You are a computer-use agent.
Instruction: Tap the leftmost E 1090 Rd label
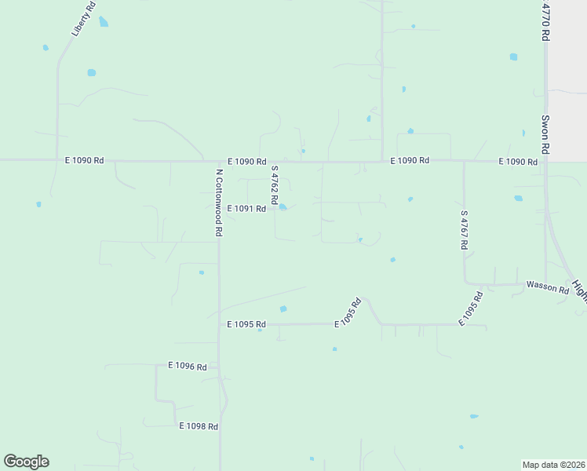coord(84,160)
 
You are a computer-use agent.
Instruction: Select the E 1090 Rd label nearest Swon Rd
coord(518,162)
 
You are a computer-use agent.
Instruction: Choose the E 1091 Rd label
coord(246,209)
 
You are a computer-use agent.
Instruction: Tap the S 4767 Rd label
coord(465,230)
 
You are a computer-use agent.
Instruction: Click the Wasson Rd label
coord(547,287)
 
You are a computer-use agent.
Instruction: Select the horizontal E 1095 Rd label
coord(246,324)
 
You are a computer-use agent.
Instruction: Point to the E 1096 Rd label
coord(187,366)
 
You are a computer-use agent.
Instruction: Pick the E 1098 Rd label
coord(198,426)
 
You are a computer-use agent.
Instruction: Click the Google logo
coord(26,462)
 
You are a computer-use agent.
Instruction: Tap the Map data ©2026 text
coord(553,464)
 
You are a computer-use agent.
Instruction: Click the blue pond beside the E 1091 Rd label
coord(283,208)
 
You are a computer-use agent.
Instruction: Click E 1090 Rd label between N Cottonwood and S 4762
coord(247,161)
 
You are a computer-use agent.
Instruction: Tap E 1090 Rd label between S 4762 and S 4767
coord(410,160)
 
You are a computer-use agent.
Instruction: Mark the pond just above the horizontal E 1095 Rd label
coord(283,309)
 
